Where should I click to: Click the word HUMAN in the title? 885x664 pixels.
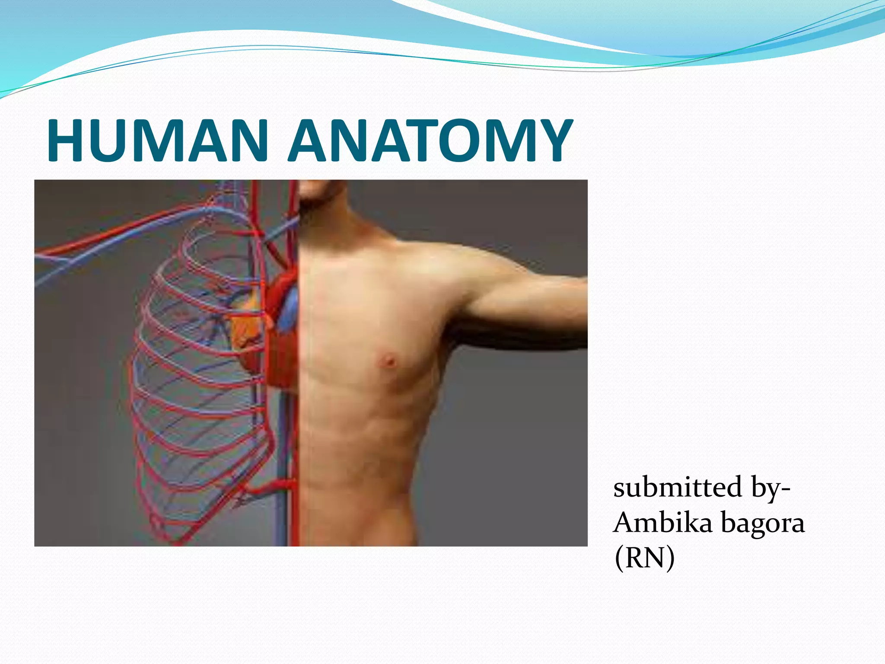click(157, 140)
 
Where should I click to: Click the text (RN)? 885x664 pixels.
click(644, 558)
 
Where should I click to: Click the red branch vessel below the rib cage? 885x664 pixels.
click(268, 487)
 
